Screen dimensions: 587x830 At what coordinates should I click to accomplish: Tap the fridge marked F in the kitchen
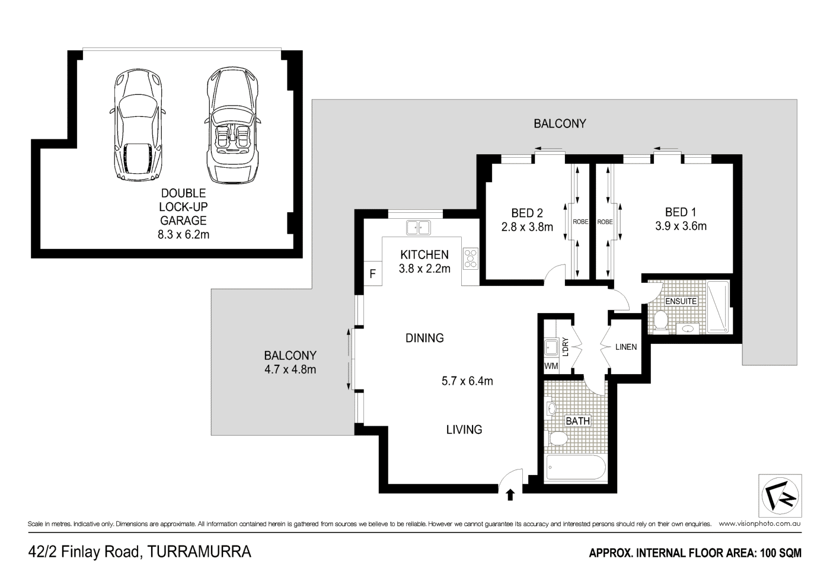click(372, 274)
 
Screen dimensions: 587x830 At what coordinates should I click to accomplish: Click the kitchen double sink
click(419, 226)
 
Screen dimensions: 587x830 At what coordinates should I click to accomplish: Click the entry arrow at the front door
click(510, 495)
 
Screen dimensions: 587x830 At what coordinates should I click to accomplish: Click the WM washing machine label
click(551, 366)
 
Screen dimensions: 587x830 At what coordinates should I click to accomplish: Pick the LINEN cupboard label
click(626, 347)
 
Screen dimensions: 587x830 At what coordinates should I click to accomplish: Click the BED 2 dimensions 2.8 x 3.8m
click(526, 227)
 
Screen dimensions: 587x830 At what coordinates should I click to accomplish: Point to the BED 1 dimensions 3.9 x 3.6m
click(681, 226)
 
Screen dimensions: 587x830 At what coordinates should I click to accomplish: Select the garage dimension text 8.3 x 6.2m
click(184, 234)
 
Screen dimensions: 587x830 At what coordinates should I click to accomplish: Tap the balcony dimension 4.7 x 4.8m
click(290, 370)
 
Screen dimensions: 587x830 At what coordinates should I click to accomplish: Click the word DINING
click(424, 338)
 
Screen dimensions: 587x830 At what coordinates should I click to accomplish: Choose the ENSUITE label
click(681, 301)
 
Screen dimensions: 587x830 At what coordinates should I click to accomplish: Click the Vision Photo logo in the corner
click(780, 496)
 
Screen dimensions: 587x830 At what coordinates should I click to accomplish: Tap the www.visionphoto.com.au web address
click(760, 524)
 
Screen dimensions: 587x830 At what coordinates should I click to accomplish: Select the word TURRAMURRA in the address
click(199, 552)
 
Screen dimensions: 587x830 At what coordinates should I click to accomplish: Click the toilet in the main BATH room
click(557, 439)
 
